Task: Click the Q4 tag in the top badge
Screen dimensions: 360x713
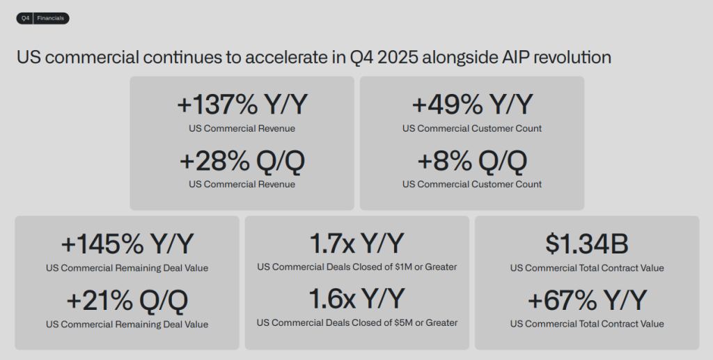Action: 25,19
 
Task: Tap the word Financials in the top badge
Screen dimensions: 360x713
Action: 51,19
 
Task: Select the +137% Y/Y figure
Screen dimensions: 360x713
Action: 242,105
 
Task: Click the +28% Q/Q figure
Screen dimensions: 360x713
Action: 242,161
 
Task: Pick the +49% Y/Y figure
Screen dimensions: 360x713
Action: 472,105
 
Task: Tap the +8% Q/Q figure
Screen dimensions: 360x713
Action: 472,161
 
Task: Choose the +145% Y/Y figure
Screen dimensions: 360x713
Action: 127,244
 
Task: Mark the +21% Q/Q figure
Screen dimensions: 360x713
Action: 127,301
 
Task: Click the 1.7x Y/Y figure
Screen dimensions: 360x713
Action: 357,244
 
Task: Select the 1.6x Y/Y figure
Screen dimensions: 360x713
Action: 357,299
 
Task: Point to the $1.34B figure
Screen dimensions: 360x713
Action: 587,244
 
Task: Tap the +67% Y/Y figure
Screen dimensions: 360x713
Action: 587,301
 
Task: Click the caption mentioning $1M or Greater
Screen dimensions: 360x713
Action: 357,267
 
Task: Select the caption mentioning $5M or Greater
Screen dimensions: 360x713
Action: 357,323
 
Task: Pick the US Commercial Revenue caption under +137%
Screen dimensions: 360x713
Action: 242,129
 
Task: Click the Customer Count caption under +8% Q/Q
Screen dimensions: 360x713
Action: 472,185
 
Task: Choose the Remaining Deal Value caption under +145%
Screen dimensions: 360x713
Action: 127,268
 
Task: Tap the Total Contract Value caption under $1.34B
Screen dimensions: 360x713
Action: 587,268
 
